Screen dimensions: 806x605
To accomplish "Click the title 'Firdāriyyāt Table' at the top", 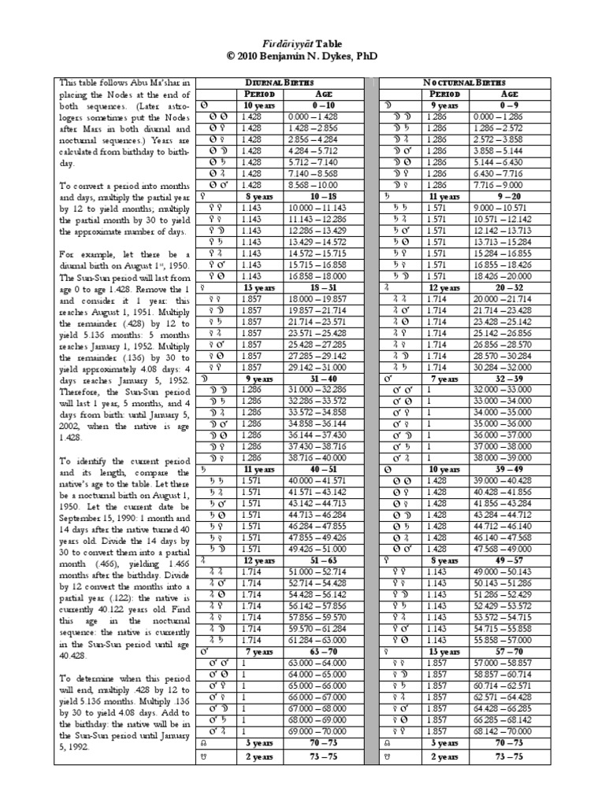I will point(302,46).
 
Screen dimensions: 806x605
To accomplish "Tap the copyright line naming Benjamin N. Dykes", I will point(302,58).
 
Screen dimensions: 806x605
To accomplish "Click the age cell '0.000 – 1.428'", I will point(326,115).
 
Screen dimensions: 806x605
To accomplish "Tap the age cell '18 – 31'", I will point(326,290).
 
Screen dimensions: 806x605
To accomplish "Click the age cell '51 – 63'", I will point(326,560).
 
